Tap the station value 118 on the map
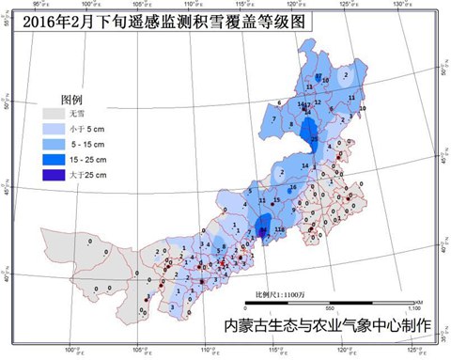[x=279, y=229]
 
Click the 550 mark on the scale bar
[x=329, y=307]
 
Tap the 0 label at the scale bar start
[x=245, y=307]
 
